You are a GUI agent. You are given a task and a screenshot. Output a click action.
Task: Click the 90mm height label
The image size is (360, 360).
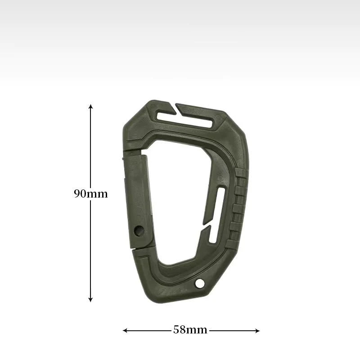[x=91, y=194]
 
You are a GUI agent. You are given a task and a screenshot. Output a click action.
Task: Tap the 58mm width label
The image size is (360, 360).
[x=190, y=330]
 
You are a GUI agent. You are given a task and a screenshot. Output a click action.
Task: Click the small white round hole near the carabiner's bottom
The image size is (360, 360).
[x=199, y=283]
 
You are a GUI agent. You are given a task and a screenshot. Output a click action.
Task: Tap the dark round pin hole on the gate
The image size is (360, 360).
[x=139, y=231]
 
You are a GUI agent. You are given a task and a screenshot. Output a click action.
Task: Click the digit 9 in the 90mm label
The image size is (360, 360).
[x=77, y=194]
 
